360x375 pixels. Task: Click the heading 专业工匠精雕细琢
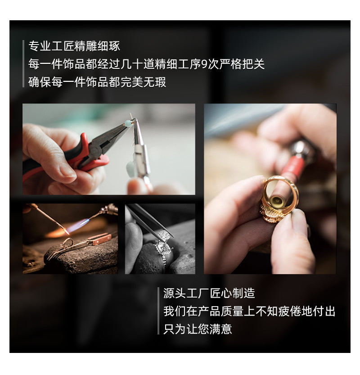click(74, 46)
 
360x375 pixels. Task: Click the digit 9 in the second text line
click(204, 64)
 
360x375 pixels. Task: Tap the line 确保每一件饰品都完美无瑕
click(97, 82)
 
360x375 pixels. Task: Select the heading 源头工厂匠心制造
click(209, 293)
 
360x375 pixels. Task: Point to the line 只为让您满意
click(198, 329)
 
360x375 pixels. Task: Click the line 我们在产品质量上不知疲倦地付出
click(249, 311)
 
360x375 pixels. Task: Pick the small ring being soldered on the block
click(67, 243)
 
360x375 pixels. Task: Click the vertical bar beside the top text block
click(23, 64)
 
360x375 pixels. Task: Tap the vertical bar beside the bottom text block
click(158, 311)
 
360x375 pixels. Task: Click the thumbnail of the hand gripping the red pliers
click(109, 149)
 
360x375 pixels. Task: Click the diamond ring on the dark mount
click(162, 250)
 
